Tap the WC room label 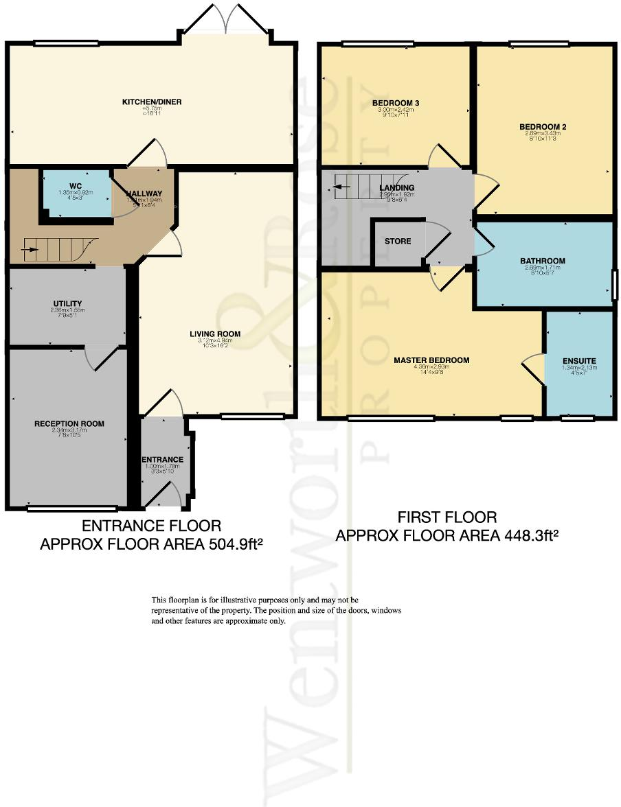click(x=76, y=185)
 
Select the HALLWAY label click(x=144, y=194)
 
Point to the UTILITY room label click(x=67, y=303)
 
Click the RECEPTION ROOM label click(x=69, y=423)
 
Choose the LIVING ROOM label click(x=215, y=334)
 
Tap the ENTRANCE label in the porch click(x=162, y=460)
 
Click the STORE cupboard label click(x=398, y=241)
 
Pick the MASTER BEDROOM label click(x=431, y=360)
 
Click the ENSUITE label click(x=578, y=360)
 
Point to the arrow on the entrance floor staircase click(x=30, y=250)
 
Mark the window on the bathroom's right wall click(x=615, y=284)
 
